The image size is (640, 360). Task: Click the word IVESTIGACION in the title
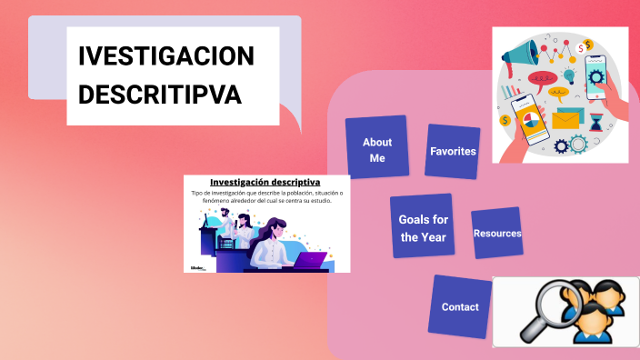(x=166, y=57)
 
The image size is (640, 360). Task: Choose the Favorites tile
(x=453, y=151)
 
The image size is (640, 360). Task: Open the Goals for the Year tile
(x=423, y=227)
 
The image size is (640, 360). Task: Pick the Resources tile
(x=497, y=234)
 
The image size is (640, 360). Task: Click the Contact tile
(x=460, y=307)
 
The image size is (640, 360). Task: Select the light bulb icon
(x=570, y=75)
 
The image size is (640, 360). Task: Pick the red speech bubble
(x=543, y=79)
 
